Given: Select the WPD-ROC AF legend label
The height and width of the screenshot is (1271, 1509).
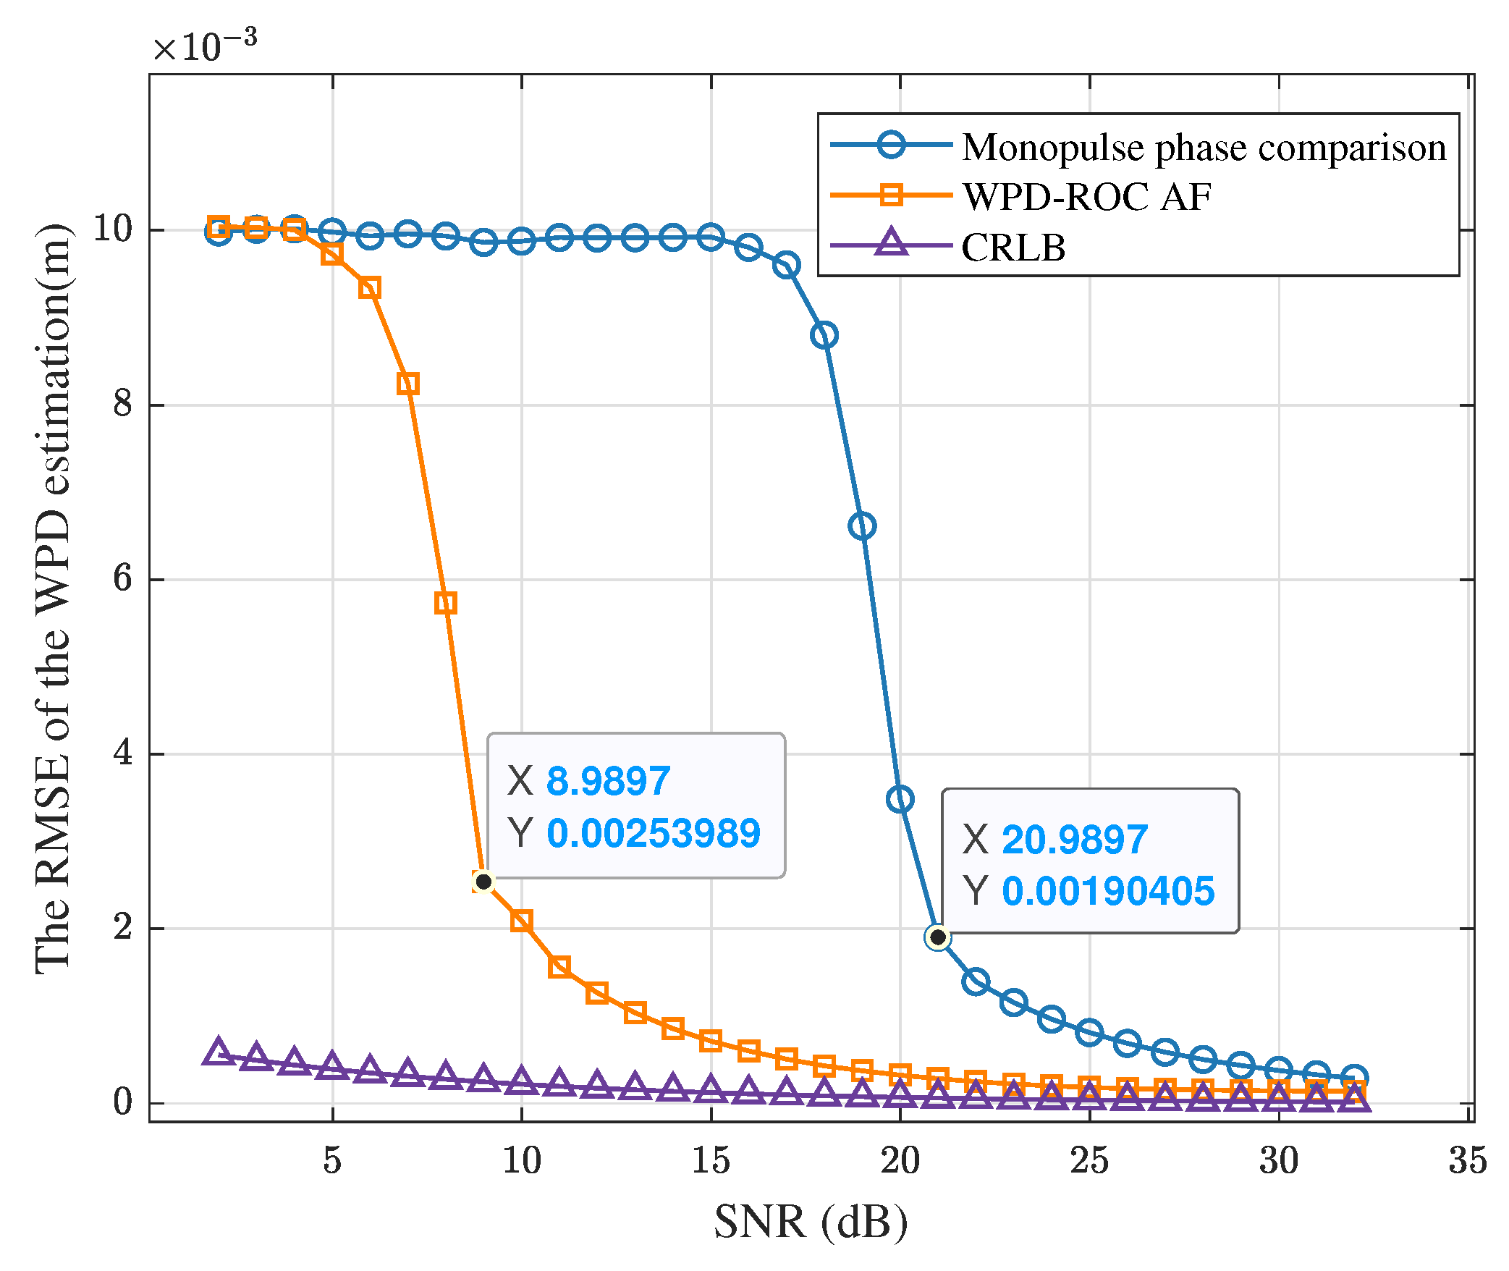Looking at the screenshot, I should [x=1086, y=197].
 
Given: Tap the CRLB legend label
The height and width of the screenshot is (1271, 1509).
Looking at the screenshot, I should [x=1013, y=248].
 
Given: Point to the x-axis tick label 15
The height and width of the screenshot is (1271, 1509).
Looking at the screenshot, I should [x=711, y=1160].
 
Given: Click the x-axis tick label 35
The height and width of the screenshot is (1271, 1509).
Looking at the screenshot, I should [x=1467, y=1160].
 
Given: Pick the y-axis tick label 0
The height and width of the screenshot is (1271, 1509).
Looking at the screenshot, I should [x=122, y=1102].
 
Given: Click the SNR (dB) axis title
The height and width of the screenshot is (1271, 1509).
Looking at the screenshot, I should [x=811, y=1222].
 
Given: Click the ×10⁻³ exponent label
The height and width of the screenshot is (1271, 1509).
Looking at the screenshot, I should [x=205, y=46].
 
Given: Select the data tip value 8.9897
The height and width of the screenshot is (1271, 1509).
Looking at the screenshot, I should [x=608, y=782].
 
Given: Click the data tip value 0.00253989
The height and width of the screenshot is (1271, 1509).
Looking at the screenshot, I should [x=653, y=833].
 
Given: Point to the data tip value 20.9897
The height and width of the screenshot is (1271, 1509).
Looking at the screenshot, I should [x=1074, y=840].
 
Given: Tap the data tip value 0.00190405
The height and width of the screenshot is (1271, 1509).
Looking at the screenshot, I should [x=1107, y=891].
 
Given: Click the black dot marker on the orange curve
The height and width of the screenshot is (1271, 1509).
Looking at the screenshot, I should [x=483, y=882].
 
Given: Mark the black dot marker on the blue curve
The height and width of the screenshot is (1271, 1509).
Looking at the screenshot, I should [x=938, y=937].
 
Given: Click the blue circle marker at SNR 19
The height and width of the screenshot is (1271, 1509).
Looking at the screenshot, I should [x=862, y=526].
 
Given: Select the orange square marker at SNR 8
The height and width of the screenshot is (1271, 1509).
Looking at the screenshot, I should [x=446, y=603].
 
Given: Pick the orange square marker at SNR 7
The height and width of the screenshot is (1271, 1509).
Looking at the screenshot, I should [x=408, y=384].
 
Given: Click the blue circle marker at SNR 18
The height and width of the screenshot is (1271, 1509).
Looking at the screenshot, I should [x=824, y=335].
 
